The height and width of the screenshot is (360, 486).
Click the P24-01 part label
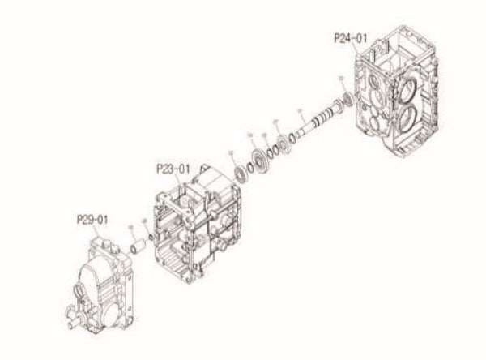tap(350, 37)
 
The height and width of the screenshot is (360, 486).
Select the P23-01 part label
tap(172, 169)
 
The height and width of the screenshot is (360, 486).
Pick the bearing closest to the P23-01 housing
tap(241, 172)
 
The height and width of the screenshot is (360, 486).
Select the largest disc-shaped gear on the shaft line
tap(261, 160)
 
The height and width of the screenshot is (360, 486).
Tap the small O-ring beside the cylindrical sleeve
tap(149, 237)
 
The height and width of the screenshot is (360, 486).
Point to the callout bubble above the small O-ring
tap(144, 219)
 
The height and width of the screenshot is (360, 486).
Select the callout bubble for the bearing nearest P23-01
tap(232, 152)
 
